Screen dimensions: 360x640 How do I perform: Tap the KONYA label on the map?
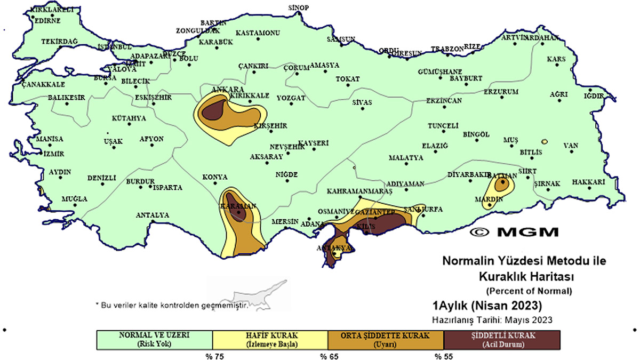coord(215,177)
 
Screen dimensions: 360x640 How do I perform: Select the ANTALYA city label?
coord(152,215)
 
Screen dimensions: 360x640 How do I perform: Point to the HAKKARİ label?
coord(589,182)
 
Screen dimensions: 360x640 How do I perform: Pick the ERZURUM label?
coord(500,92)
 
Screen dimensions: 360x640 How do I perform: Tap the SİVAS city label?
coord(362,102)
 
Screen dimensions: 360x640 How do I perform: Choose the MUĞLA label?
coord(74,199)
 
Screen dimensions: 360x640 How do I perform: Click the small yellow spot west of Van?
coord(544,142)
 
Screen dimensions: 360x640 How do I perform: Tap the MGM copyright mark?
coord(515,232)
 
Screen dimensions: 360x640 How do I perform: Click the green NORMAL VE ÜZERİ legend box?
coord(154,340)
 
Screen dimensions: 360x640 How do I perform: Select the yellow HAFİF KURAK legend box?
coord(270,340)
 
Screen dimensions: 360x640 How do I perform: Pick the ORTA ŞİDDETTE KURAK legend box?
coord(386,340)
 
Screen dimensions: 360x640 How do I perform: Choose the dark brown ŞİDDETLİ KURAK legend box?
coord(502,340)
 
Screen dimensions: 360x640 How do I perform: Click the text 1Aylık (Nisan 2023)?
coord(487,306)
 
